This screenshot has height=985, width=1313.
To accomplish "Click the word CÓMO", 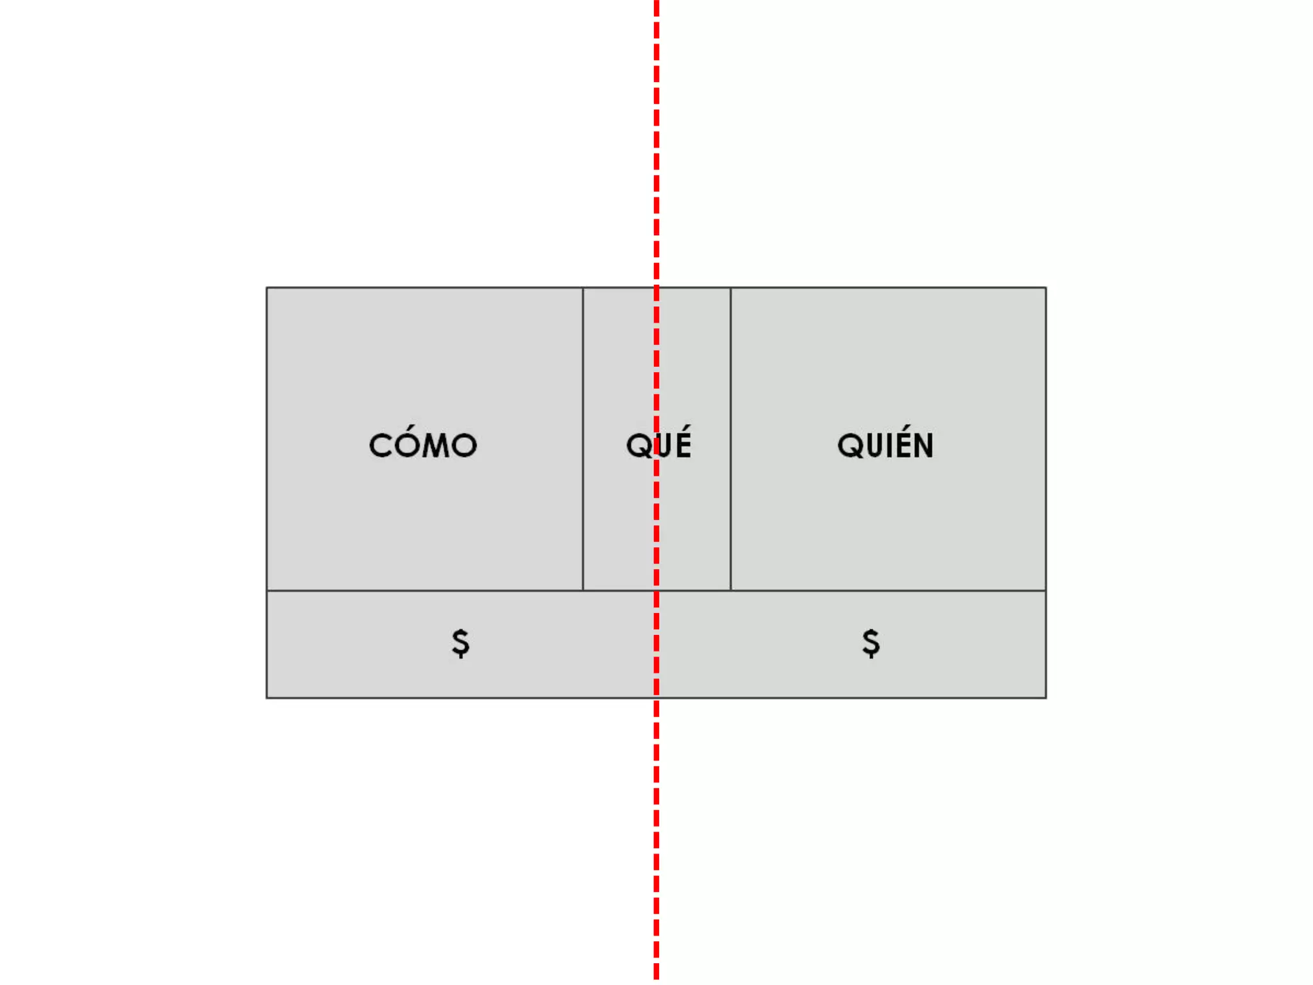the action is point(423,445).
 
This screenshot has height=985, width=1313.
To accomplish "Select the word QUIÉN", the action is point(885,445).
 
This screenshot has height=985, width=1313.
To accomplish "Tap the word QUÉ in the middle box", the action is point(658,444).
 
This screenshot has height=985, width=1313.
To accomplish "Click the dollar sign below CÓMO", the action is point(460,643).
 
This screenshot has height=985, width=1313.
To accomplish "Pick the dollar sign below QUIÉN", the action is point(871,643).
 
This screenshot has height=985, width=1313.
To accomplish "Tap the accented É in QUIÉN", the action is point(899,444).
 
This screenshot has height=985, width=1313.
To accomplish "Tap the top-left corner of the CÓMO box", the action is point(267,288).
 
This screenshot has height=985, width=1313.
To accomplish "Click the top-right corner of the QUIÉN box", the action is point(1046,288).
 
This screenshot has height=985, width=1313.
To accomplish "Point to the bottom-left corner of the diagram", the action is point(267,698).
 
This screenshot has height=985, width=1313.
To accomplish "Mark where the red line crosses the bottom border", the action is point(656,698).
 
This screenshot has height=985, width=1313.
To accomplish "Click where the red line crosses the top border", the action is point(656,288).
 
